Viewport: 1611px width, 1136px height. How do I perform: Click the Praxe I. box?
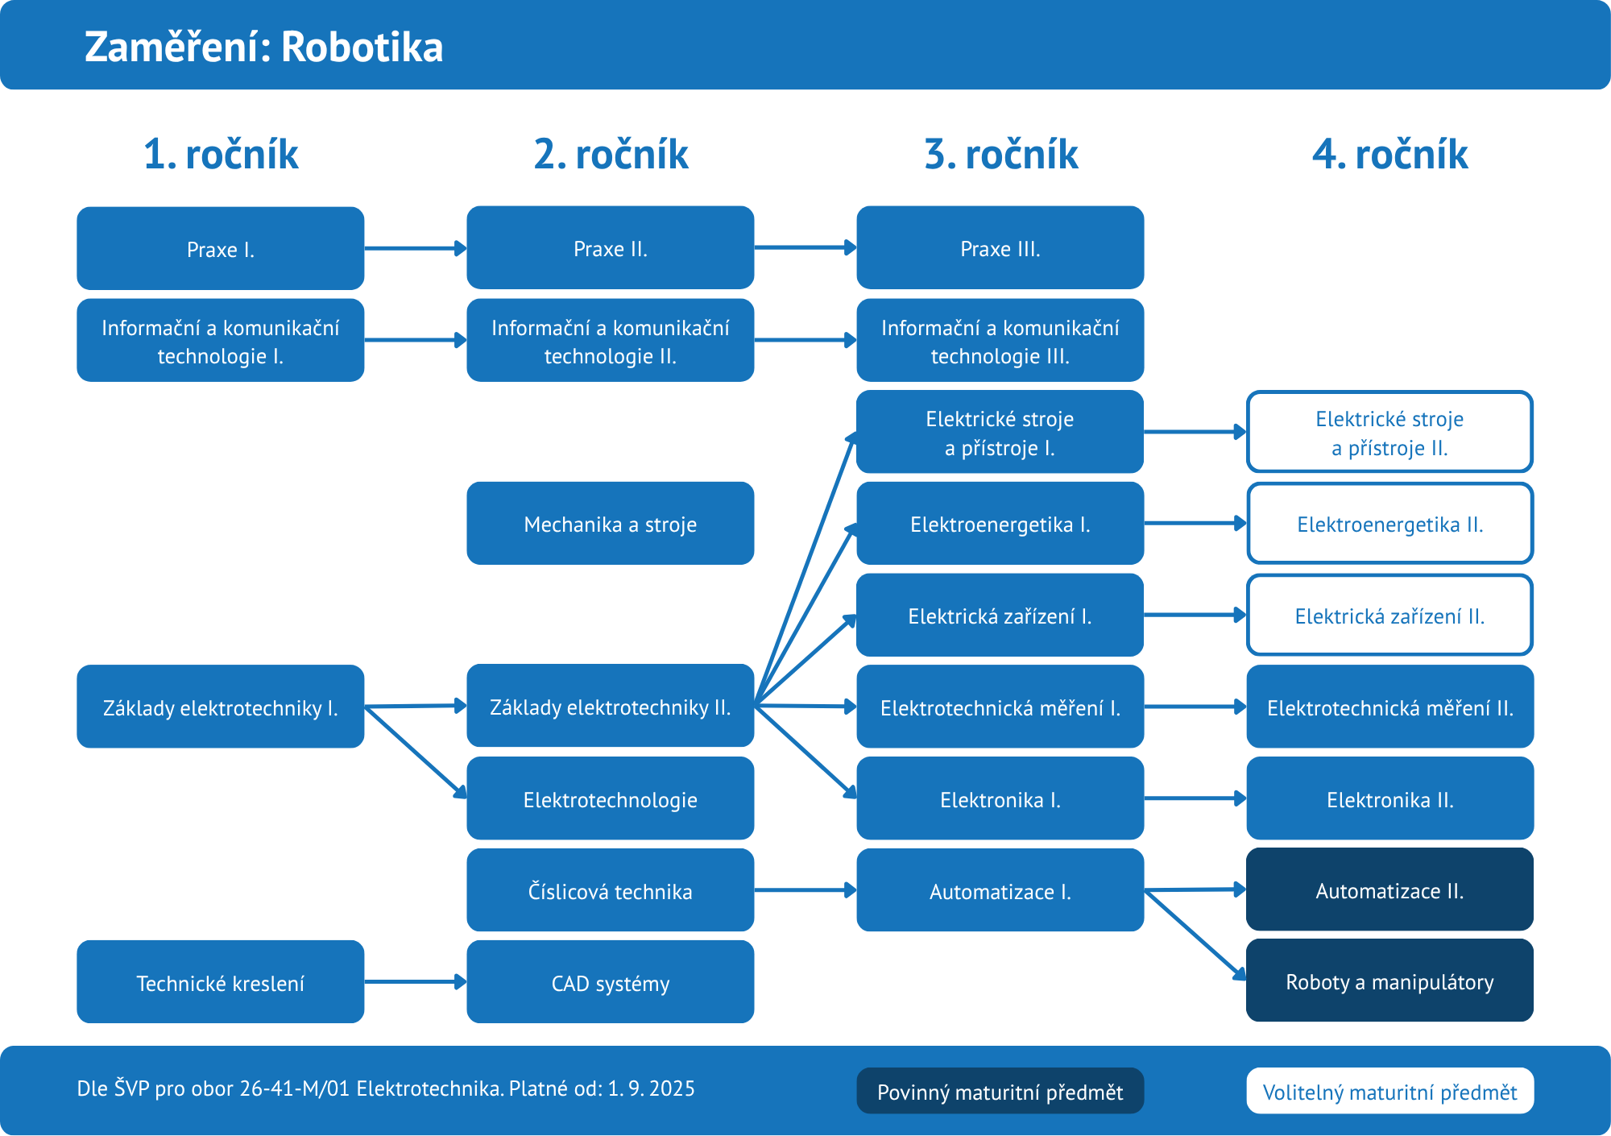(220, 248)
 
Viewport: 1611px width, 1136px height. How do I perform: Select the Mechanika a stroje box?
(610, 524)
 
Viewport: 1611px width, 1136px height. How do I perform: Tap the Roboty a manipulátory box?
(1389, 981)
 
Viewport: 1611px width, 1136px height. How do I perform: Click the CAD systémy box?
(610, 982)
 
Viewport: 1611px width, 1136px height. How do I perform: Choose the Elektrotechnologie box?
(610, 798)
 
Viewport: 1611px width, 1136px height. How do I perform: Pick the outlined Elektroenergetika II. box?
(1389, 524)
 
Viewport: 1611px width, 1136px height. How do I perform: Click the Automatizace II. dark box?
(1389, 889)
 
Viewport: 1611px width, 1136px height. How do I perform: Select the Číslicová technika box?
(610, 890)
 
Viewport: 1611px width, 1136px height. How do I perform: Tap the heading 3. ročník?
(1000, 154)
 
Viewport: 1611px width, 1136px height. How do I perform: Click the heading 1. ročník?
(221, 154)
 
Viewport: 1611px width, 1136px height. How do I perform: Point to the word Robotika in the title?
(362, 47)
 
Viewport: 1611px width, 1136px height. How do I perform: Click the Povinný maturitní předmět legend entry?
(1000, 1091)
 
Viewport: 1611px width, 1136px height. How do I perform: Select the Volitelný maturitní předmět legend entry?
(1389, 1091)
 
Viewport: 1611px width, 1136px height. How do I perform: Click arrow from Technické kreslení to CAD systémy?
(415, 981)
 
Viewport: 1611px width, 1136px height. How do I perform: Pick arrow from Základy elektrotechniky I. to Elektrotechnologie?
(415, 752)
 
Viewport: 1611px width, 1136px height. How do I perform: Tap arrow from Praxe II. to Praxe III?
(805, 247)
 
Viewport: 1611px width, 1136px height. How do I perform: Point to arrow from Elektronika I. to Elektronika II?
(1195, 798)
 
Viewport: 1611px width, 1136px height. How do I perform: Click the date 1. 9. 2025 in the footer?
(651, 1088)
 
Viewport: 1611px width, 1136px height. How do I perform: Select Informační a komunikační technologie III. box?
(1000, 340)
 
